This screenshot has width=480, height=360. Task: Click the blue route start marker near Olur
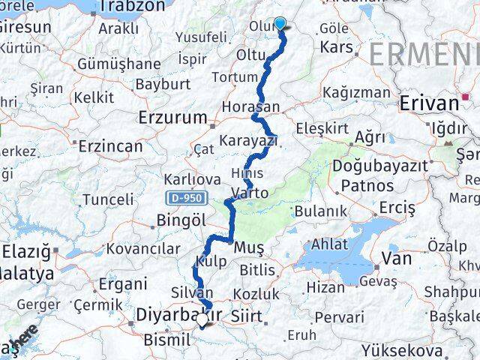280,22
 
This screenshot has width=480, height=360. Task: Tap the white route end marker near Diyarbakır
202,319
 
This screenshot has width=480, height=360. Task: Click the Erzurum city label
172,117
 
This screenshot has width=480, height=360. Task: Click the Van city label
397,259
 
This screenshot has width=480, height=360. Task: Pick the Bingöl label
181,220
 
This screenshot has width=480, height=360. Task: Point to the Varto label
250,193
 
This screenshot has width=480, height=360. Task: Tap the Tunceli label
108,199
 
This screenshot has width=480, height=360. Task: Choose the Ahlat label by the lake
330,244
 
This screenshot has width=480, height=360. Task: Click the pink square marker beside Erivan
466,97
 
